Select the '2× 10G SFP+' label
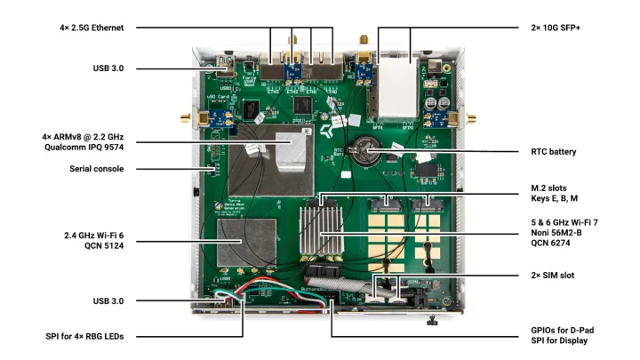click(x=551, y=28)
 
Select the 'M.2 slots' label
click(x=548, y=190)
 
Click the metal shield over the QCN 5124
click(x=246, y=241)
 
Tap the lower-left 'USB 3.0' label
click(x=113, y=300)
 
